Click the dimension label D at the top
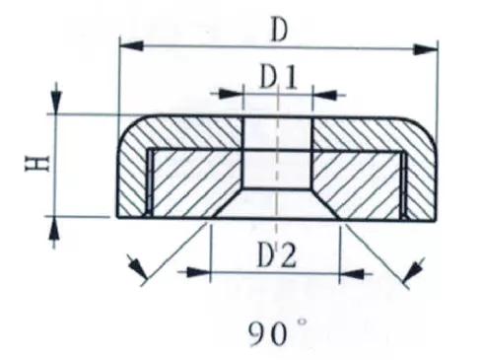[279, 31]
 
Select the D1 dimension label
[278, 78]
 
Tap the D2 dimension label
[277, 254]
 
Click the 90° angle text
[278, 332]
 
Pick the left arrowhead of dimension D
[132, 45]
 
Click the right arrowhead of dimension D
[426, 49]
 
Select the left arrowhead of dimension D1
[231, 94]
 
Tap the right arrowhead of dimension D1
[324, 95]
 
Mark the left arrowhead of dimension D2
[198, 272]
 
